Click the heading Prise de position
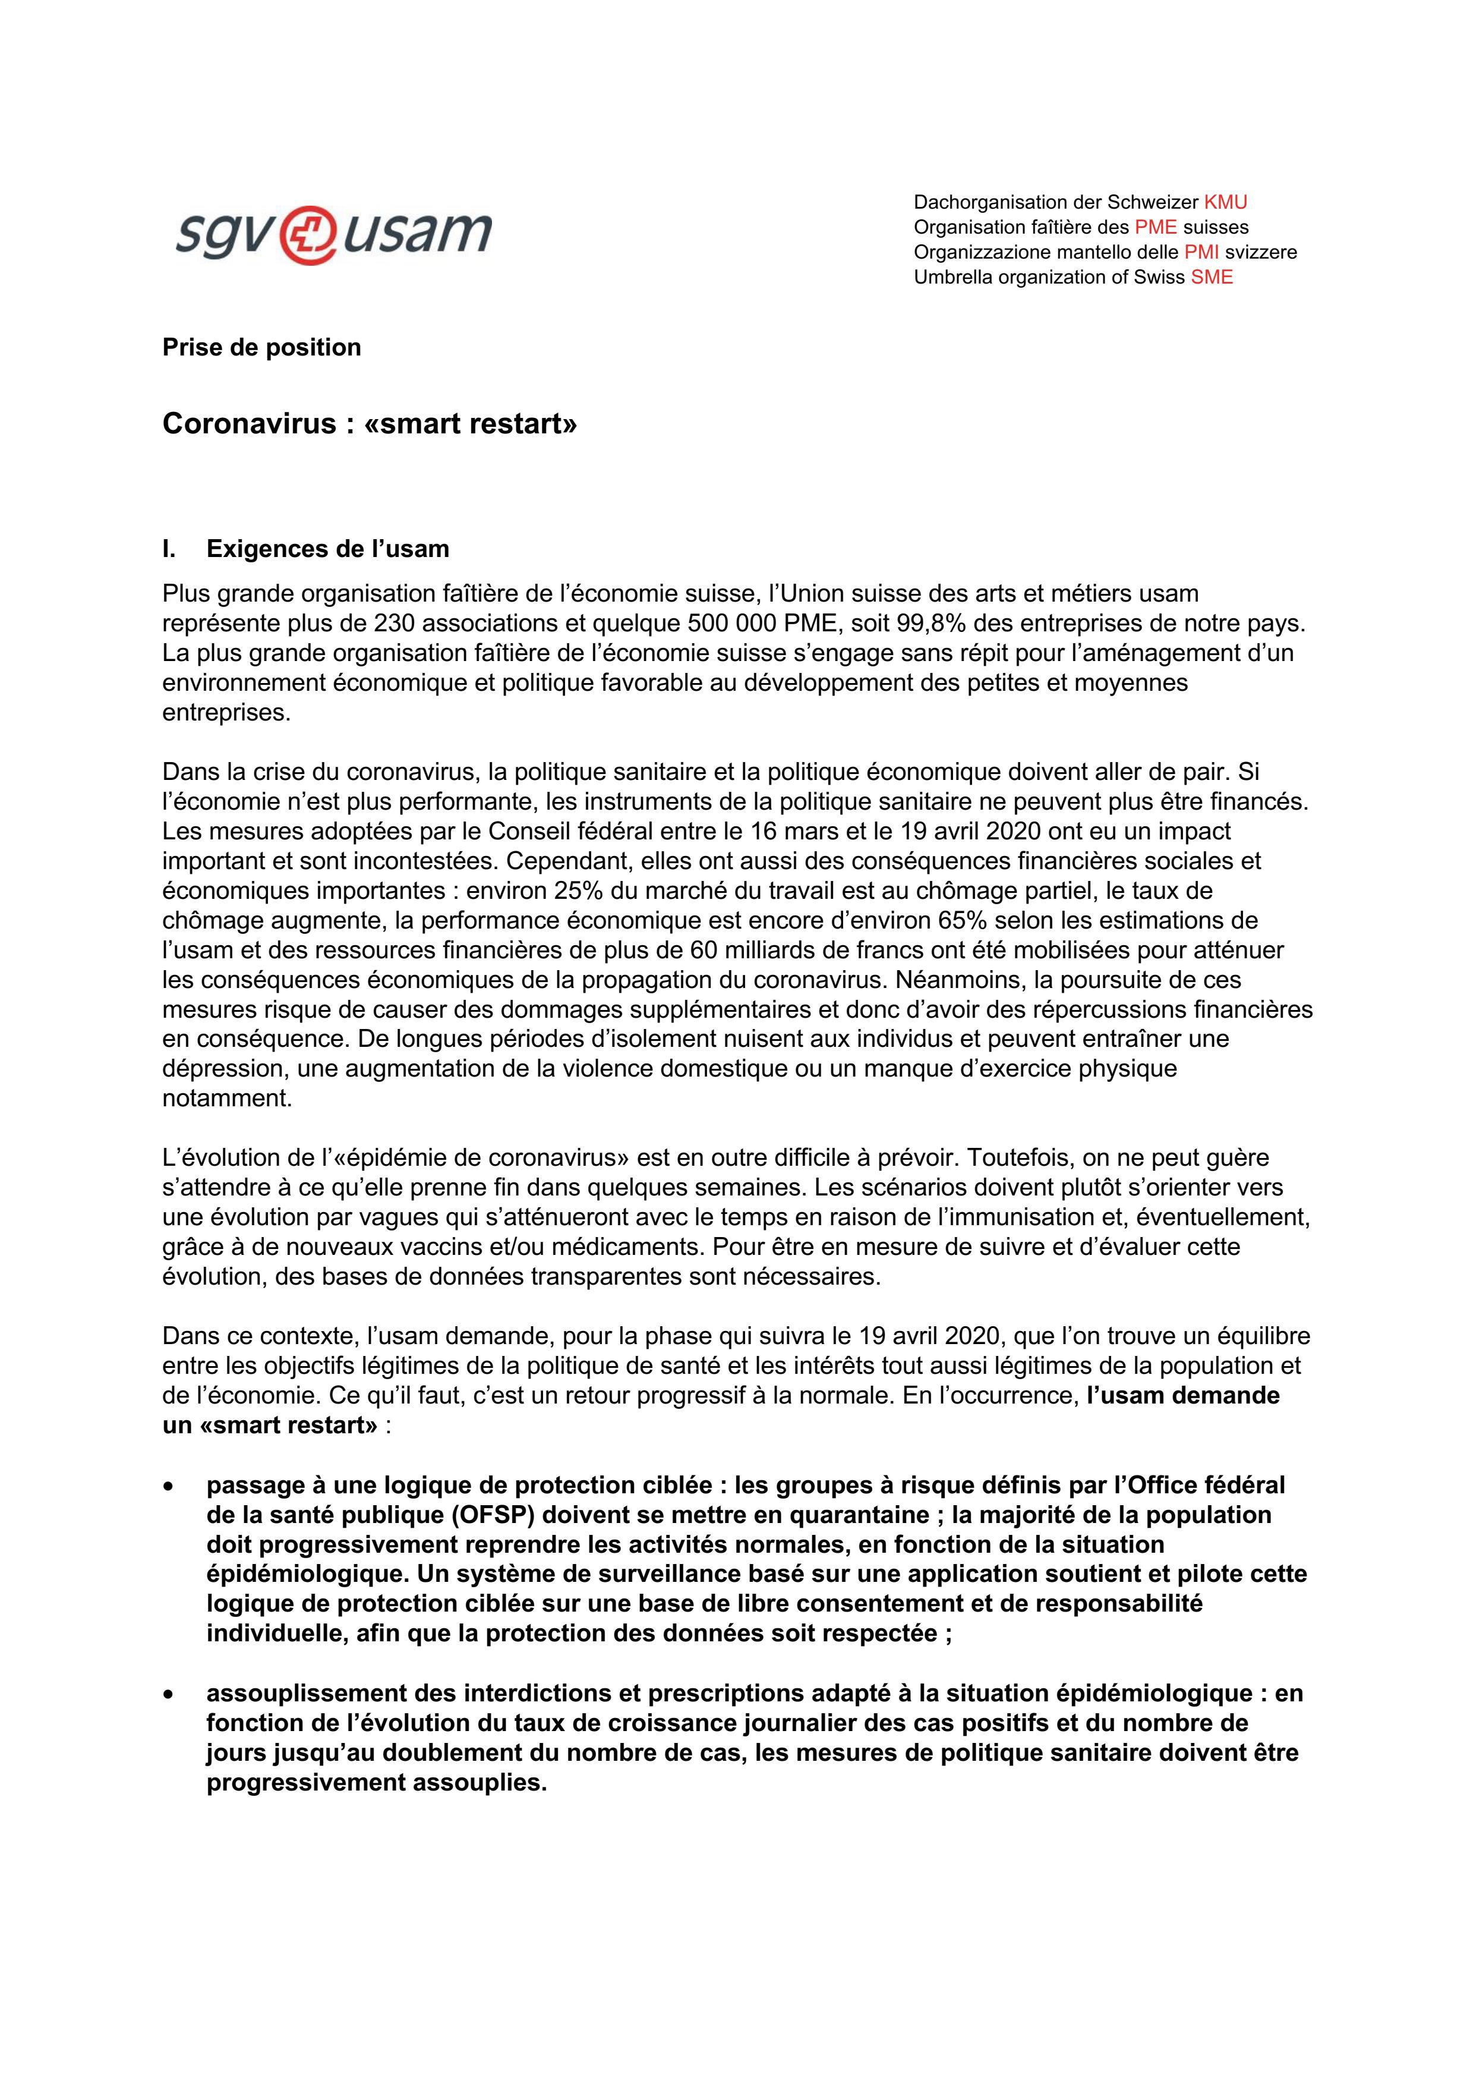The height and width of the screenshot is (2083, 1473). coord(261,348)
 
